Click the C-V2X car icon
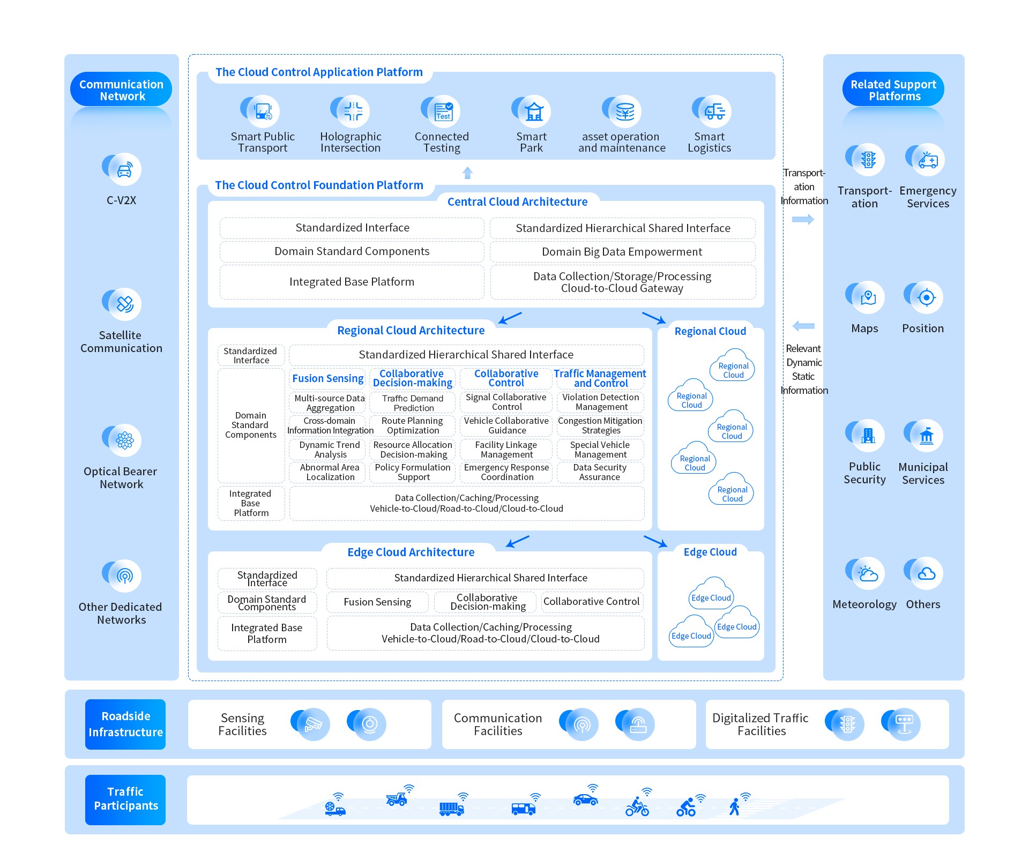[x=124, y=170]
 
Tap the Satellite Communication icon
[x=124, y=304]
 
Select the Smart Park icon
[x=534, y=111]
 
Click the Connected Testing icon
[x=443, y=111]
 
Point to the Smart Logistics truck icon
[x=714, y=111]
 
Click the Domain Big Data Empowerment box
[x=622, y=252]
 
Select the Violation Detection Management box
[x=600, y=402]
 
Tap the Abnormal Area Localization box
[x=330, y=472]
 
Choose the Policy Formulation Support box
[x=413, y=472]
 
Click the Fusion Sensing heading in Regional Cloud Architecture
[x=327, y=378]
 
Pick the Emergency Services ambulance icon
[x=928, y=160]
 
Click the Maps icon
[x=868, y=297]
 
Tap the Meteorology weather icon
[x=868, y=574]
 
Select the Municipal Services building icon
[x=926, y=436]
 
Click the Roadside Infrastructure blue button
[x=125, y=724]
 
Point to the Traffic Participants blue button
[x=125, y=799]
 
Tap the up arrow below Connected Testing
[x=467, y=173]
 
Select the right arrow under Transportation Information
[x=803, y=219]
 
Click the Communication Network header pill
[x=121, y=89]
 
